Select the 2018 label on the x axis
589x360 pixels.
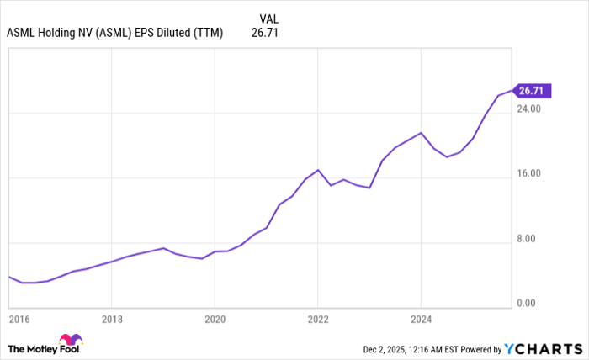click(x=112, y=320)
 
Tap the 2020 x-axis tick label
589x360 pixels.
click(x=215, y=320)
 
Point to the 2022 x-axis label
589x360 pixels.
click(x=317, y=320)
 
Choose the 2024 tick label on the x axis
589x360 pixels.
click(x=421, y=320)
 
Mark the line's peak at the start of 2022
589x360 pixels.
click(x=317, y=170)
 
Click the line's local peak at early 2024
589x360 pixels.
click(x=421, y=133)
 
